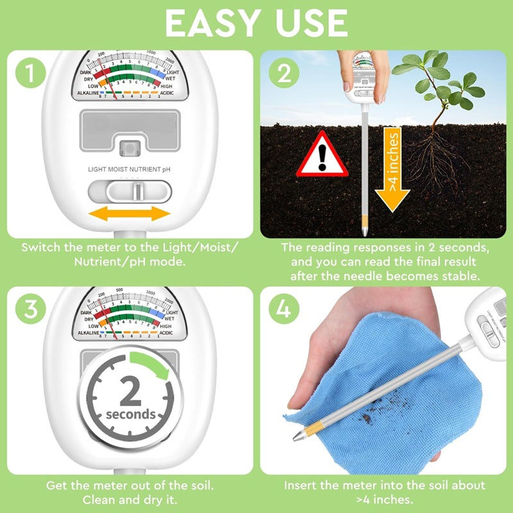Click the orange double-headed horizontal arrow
tap(129, 214)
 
